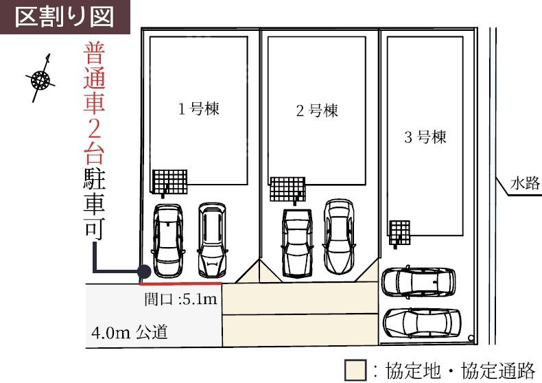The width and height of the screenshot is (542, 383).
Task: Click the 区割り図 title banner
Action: click(64, 17)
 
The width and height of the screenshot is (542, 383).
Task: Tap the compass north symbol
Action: click(40, 79)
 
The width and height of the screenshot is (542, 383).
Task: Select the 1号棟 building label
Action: click(199, 108)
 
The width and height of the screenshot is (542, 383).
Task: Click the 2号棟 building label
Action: click(317, 111)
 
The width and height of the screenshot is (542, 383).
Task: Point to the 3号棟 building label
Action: click(425, 137)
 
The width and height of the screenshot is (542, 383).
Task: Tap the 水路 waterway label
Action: click(525, 183)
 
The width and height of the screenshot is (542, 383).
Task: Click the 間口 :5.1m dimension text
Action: click(181, 299)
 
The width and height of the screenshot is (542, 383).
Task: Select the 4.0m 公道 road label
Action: click(130, 332)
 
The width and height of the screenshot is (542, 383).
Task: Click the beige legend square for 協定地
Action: click(355, 370)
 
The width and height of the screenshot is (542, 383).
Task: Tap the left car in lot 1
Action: click(168, 241)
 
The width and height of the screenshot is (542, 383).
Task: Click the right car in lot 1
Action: click(212, 240)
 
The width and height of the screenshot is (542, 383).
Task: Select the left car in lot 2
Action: click(297, 243)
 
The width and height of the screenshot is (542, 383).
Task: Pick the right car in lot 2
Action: click(339, 237)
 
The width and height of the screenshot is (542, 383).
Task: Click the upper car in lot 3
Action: click(419, 282)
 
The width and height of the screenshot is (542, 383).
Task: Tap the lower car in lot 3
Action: click(422, 323)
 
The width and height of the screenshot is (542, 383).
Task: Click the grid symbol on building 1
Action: click(170, 182)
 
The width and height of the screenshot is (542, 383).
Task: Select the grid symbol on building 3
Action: click(400, 233)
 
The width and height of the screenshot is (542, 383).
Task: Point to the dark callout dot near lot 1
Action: click(144, 272)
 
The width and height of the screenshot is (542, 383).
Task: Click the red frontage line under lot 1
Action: click(180, 283)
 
